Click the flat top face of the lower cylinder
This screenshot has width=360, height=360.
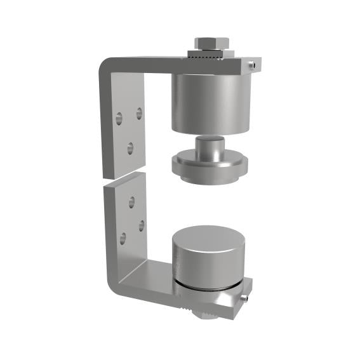pos(207,239)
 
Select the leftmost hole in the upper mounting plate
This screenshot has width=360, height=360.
pos(119,118)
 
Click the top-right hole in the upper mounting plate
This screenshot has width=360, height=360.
pos(138,114)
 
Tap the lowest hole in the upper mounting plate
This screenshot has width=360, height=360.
pos(130,148)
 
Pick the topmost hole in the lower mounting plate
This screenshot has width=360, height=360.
pos(131,201)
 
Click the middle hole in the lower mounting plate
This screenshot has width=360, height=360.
pos(141,224)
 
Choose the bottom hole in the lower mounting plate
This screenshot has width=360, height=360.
pos(122,238)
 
